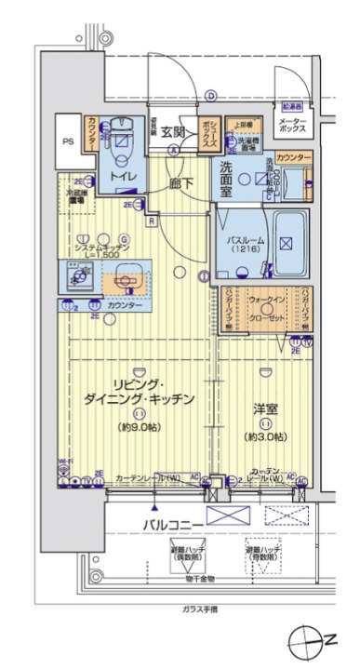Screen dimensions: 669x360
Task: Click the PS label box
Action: [67, 141]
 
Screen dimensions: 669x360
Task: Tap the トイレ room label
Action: [120, 174]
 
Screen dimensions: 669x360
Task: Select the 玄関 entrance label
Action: [173, 131]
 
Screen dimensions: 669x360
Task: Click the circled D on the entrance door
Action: [211, 94]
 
